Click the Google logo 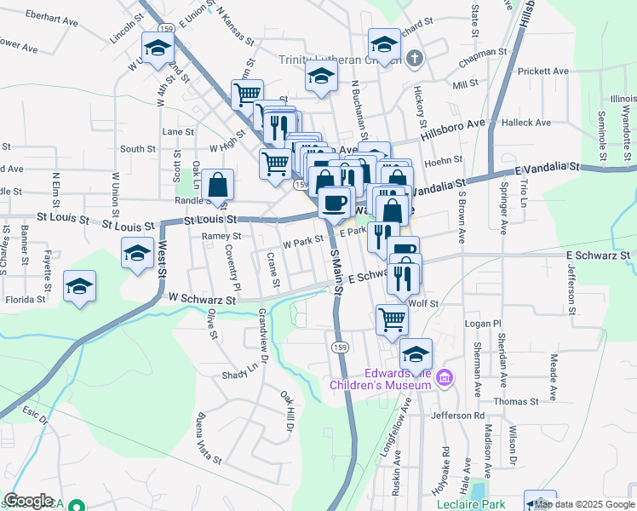[x=28, y=501]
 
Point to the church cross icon [x=414, y=59]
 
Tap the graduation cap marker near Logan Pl [x=416, y=353]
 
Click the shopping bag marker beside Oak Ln [x=218, y=184]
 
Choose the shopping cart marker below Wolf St [x=392, y=320]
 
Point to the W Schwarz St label [x=202, y=299]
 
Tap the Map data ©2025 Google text [x=585, y=504]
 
